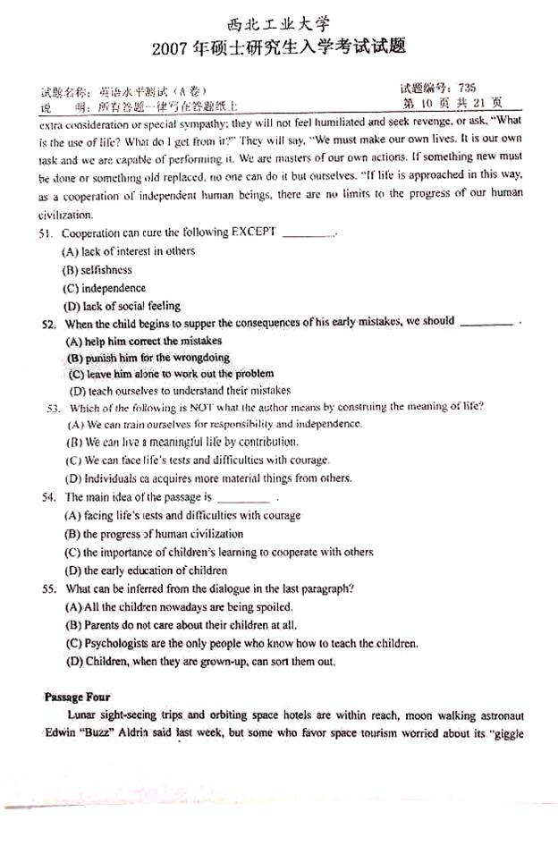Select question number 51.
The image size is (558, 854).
click(x=47, y=234)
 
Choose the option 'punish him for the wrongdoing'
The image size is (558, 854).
click(x=148, y=358)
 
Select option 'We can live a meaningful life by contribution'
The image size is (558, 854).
click(x=182, y=443)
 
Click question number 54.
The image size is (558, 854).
click(x=49, y=497)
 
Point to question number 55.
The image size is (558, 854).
click(x=49, y=588)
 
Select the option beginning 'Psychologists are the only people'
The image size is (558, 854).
click(x=241, y=643)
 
